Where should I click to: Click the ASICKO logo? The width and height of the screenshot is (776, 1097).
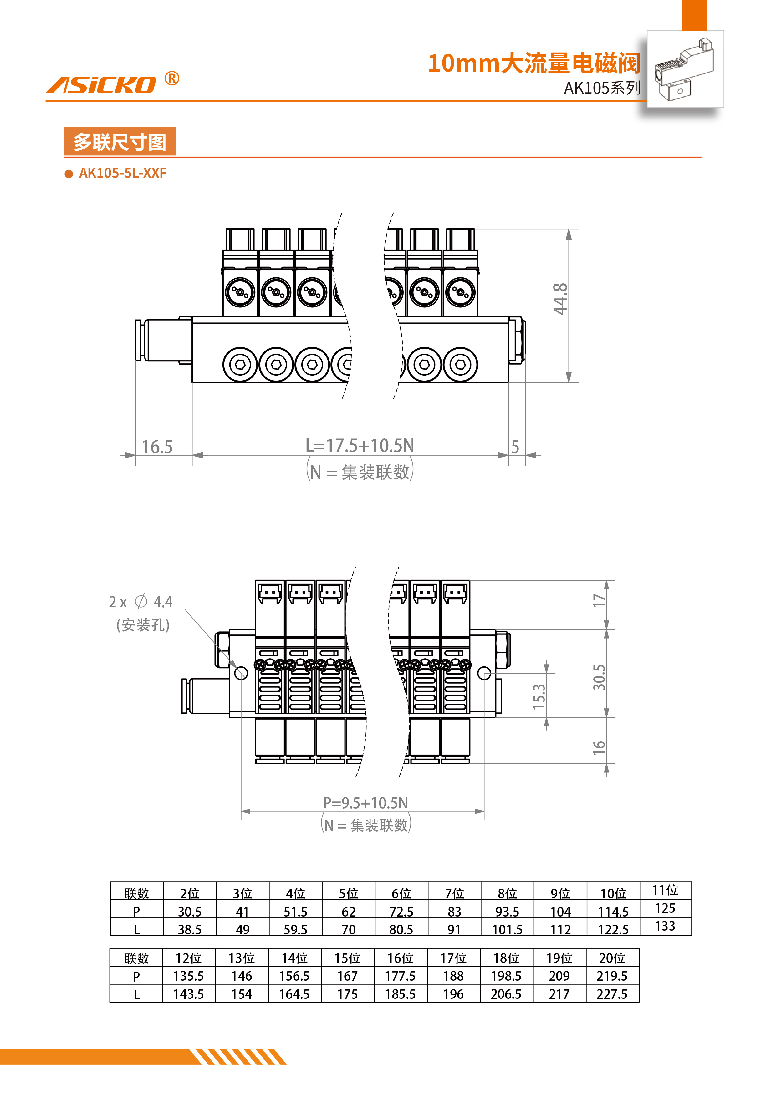click(x=101, y=84)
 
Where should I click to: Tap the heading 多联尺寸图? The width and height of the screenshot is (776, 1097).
click(x=120, y=142)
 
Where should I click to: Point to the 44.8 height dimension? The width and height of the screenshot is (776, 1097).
click(x=560, y=299)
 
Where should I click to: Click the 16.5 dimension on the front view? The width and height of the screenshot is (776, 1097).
click(x=157, y=447)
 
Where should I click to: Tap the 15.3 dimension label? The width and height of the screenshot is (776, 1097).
click(x=539, y=696)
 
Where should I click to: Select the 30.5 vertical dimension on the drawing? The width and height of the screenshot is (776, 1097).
click(x=599, y=677)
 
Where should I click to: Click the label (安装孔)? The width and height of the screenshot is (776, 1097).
click(x=142, y=625)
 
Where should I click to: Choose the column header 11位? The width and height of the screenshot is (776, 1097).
click(x=665, y=890)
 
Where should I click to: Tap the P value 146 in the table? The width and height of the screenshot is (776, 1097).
click(x=242, y=976)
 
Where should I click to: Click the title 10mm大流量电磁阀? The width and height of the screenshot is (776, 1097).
click(x=533, y=63)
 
